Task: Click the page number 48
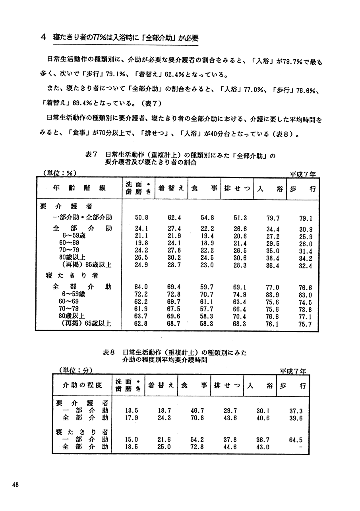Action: coord(15,484)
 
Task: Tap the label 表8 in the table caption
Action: coord(108,352)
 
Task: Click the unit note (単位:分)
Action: coord(75,370)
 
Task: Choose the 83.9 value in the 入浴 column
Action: coord(272,295)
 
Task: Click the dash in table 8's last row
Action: coord(300,447)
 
